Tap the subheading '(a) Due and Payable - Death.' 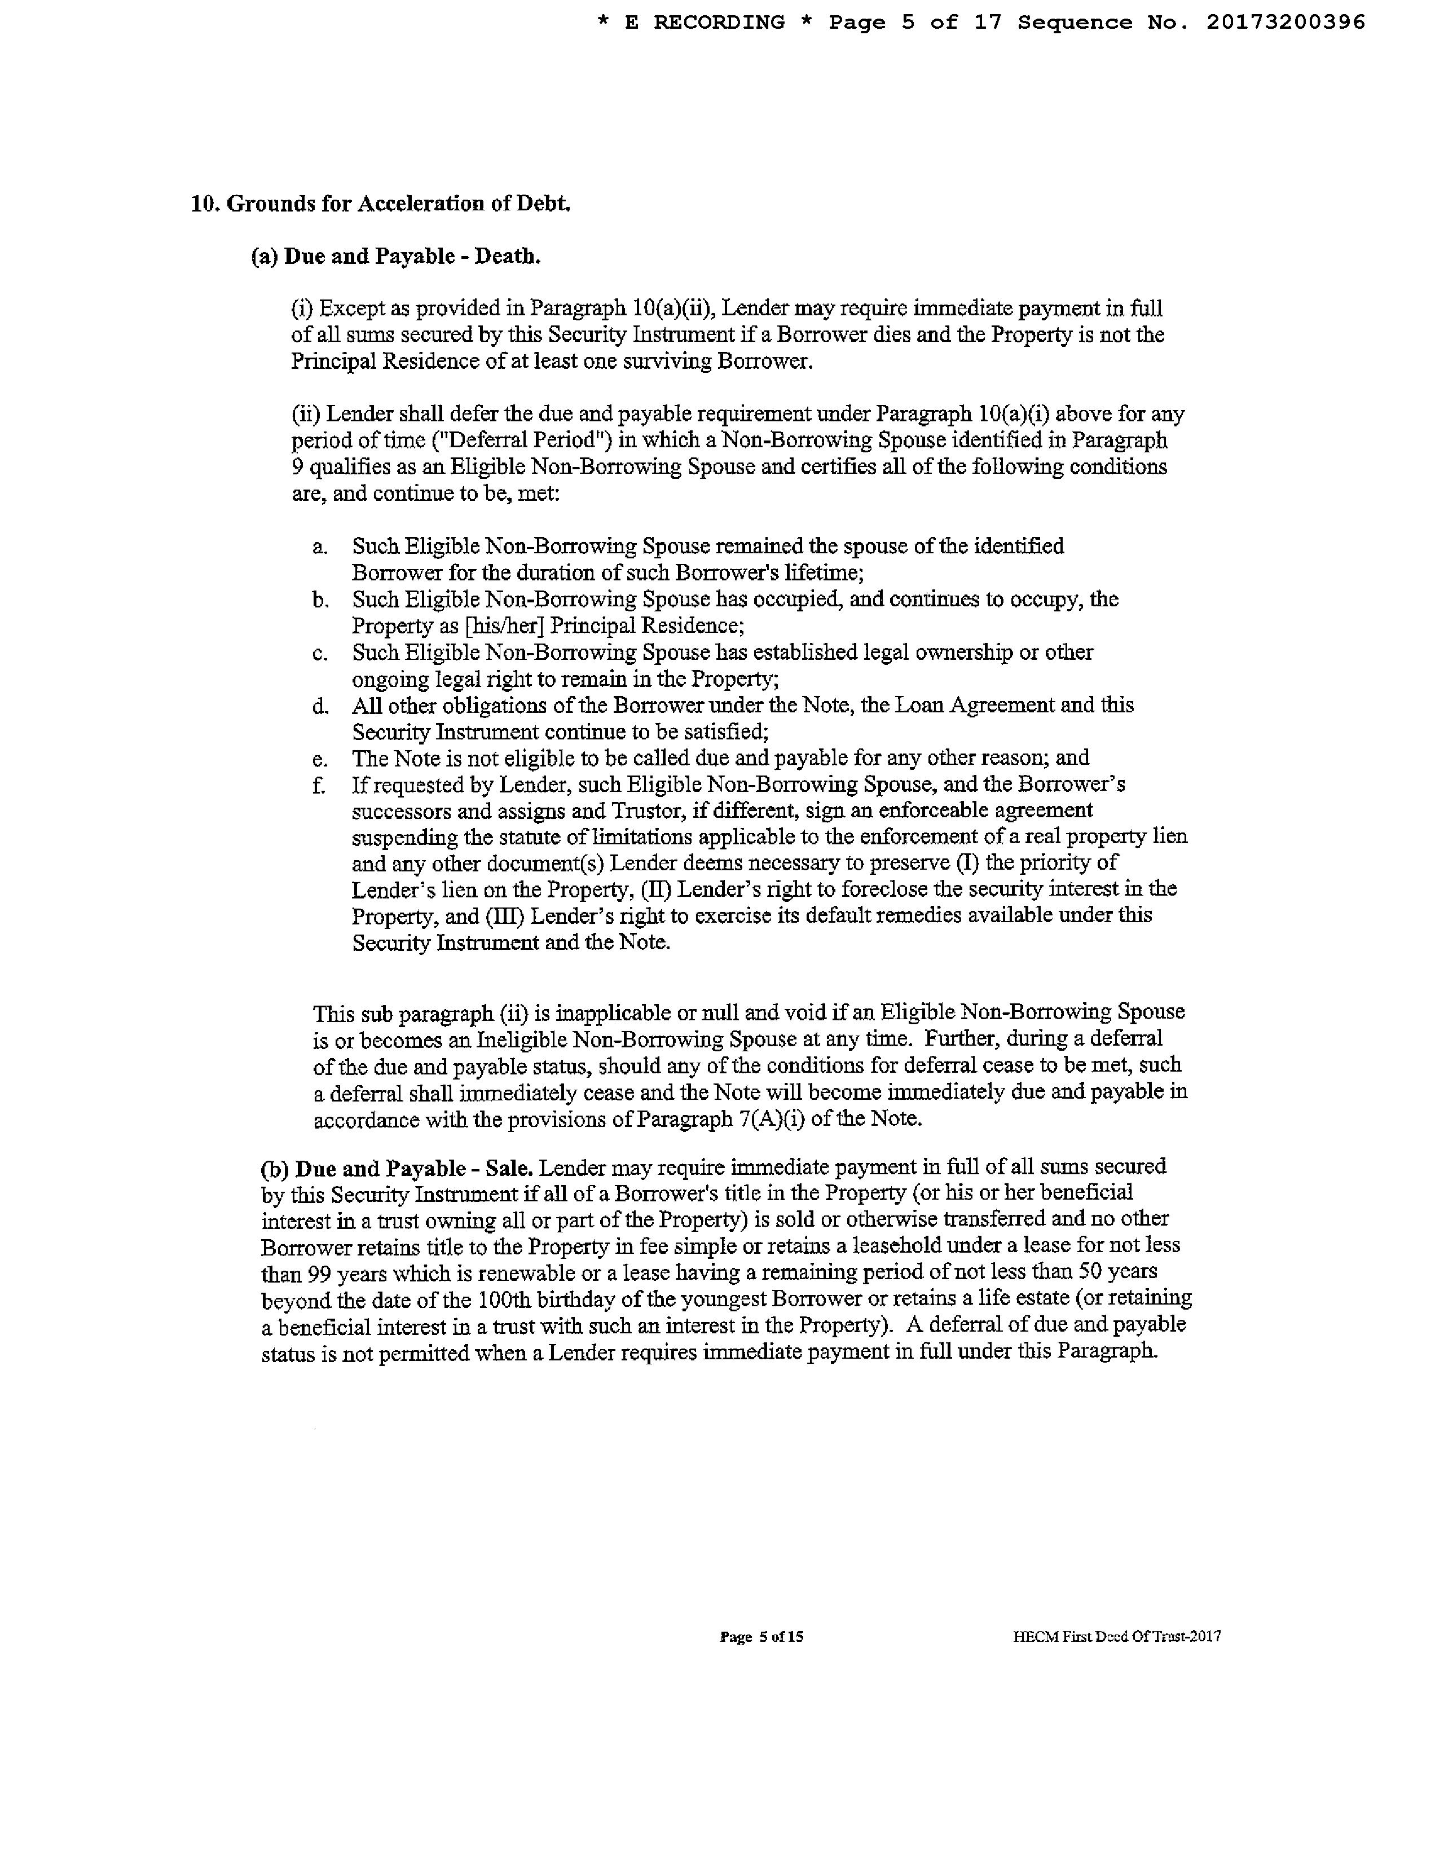coord(395,257)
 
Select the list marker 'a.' coord(319,547)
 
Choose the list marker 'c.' coord(319,654)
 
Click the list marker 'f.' coord(318,785)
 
